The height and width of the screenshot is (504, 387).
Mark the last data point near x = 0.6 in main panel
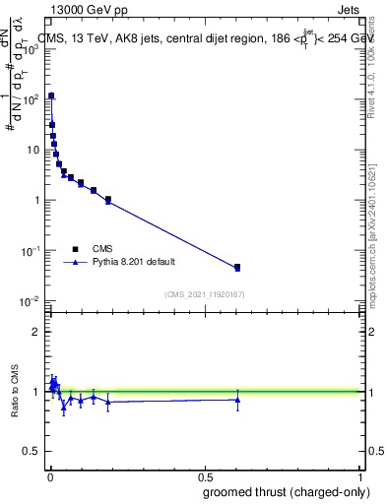click(237, 268)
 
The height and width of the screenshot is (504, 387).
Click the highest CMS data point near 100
click(51, 96)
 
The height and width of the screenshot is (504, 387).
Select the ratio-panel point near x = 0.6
click(237, 399)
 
